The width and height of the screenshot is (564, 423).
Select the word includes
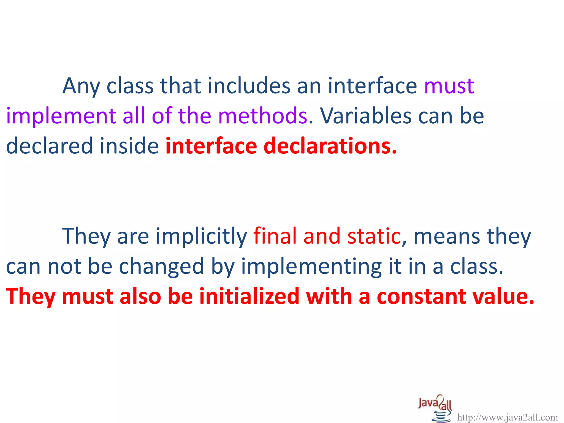pos(249,86)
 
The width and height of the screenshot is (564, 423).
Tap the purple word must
pos(449,86)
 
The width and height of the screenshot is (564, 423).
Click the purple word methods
pos(262,116)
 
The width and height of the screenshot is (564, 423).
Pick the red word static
pos(374,236)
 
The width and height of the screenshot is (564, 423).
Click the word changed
pos(161,267)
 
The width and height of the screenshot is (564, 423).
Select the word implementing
pos(311,267)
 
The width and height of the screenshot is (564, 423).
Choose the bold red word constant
pos(421,296)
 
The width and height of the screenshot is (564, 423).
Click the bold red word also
pos(140,296)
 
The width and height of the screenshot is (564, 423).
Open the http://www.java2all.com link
pos(507,417)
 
